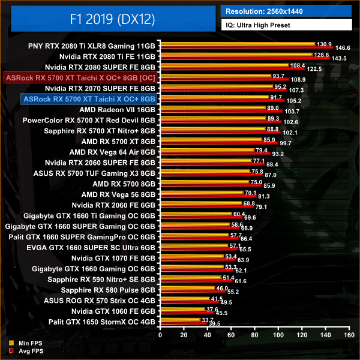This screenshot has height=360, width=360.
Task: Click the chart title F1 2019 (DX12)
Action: (111, 20)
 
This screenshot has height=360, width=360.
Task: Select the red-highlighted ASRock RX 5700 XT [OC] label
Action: (80, 77)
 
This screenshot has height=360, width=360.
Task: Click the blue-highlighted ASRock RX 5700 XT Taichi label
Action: (88, 99)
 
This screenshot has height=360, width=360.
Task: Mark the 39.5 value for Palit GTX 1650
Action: (214, 323)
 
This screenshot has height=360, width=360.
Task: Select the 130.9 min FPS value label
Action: (324, 44)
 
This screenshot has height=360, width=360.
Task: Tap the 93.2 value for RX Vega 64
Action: (277, 155)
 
